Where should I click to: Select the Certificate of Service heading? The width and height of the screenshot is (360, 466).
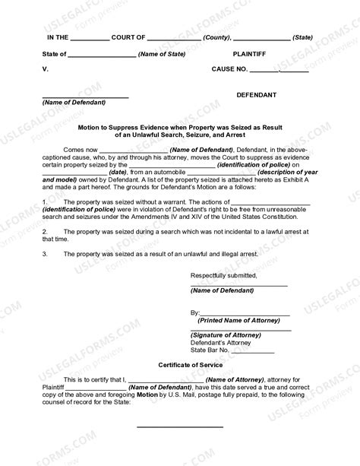click(x=179, y=366)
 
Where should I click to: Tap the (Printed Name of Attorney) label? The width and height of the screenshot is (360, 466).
click(x=239, y=321)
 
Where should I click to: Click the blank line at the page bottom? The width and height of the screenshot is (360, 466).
click(x=179, y=426)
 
